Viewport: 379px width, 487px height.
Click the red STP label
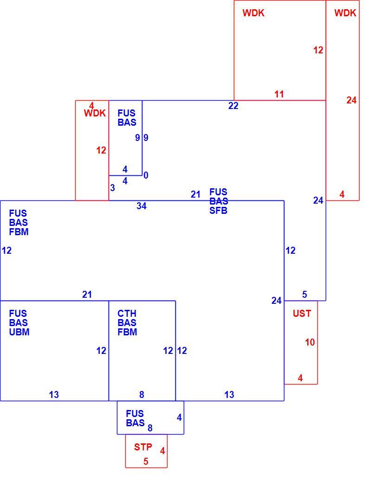tap(143, 447)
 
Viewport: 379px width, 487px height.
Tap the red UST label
tap(302, 314)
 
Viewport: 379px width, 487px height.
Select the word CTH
tap(127, 314)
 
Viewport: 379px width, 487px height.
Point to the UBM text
tap(19, 332)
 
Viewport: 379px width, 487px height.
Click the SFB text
tap(218, 211)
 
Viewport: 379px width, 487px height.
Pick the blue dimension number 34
tap(141, 206)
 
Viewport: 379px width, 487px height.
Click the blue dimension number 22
tap(233, 106)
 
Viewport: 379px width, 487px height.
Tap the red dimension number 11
tap(279, 94)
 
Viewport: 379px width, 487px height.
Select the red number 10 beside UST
tap(310, 342)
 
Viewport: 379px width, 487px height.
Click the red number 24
tap(351, 100)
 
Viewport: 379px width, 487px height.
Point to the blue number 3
tap(112, 188)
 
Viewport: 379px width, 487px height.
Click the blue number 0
tap(146, 175)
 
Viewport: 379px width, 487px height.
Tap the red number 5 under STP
tap(146, 461)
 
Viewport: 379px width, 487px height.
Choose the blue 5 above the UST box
tap(304, 295)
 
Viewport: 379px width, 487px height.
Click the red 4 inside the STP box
tap(162, 451)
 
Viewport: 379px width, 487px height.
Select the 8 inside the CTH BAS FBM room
tap(141, 395)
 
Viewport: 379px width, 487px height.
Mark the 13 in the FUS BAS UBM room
tap(54, 395)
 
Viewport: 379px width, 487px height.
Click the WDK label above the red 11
tap(253, 13)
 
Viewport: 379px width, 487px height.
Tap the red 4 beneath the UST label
tap(300, 378)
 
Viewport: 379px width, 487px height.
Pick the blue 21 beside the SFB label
tap(195, 194)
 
